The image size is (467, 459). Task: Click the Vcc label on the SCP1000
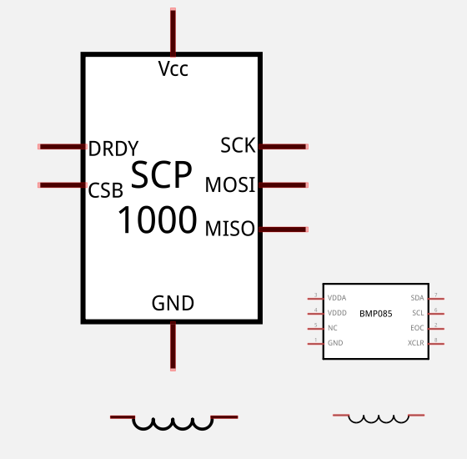[173, 69]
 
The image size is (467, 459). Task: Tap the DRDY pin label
[113, 149]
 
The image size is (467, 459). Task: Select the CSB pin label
[106, 189]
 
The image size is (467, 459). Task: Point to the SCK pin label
[238, 145]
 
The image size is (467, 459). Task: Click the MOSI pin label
[230, 185]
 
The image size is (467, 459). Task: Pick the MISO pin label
[230, 229]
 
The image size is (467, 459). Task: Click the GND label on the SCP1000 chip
[173, 303]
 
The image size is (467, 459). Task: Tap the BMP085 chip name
[375, 314]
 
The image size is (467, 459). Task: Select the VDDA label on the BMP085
[337, 298]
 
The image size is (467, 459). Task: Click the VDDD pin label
[337, 313]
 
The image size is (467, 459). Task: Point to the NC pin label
[332, 328]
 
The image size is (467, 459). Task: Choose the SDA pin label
[417, 298]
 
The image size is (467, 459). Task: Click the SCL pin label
[418, 313]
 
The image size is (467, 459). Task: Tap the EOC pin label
[417, 328]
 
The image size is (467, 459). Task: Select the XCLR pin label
[415, 343]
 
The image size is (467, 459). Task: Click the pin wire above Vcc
[173, 31]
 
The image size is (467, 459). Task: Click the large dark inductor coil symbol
[173, 421]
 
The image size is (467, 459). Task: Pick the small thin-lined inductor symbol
[379, 417]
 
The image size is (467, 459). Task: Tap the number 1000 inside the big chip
[157, 221]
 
